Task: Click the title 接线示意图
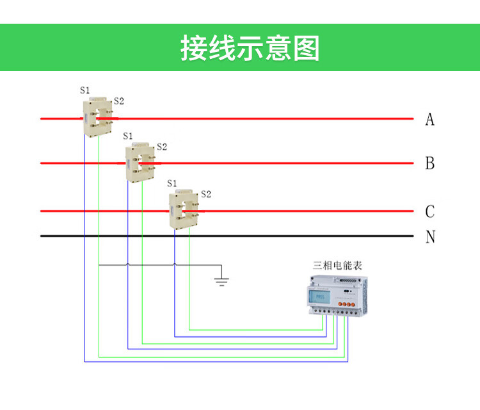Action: [x=250, y=48]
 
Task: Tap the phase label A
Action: [x=430, y=119]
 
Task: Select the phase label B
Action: [x=430, y=163]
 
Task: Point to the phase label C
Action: [x=430, y=211]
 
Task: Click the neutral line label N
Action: [x=430, y=237]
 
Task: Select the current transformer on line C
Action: [x=184, y=208]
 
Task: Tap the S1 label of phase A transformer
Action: [x=85, y=90]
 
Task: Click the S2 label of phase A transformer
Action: [x=118, y=101]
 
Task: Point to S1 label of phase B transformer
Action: [x=128, y=136]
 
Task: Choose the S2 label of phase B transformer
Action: [x=161, y=147]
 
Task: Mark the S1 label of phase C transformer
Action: [x=172, y=183]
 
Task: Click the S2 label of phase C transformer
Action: [x=205, y=193]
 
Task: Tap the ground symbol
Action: [x=221, y=280]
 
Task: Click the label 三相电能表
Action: [x=337, y=264]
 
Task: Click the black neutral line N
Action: [x=256, y=236]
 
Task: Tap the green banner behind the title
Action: [x=64, y=48]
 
